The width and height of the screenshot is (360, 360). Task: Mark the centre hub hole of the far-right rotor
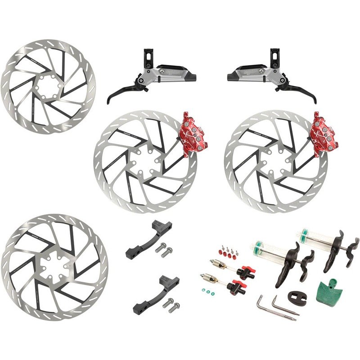tap(275, 159)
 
